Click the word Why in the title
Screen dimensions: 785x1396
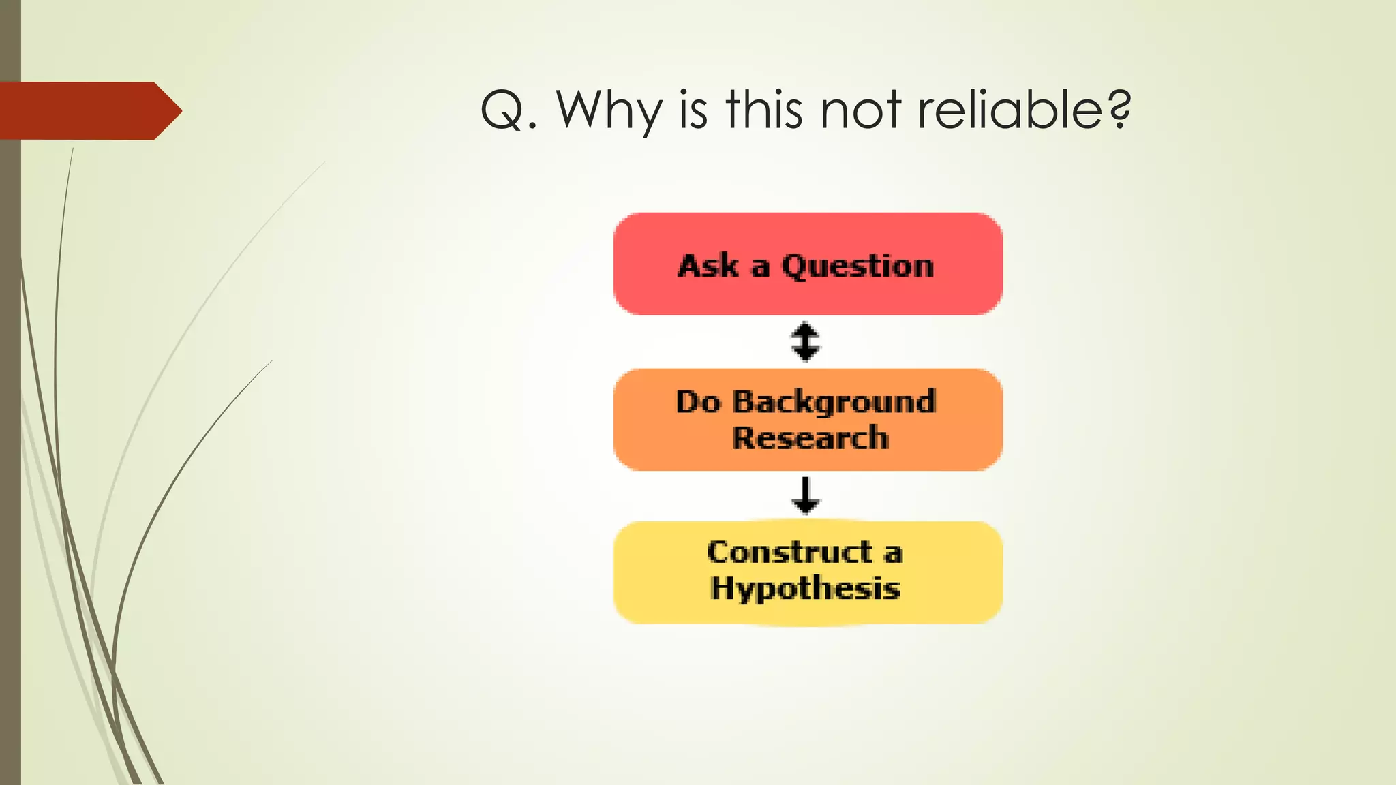tap(609, 111)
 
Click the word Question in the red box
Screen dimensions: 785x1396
tap(858, 266)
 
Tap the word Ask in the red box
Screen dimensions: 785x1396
tap(708, 266)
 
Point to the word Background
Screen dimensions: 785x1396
tap(834, 403)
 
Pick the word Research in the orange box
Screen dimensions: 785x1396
tap(810, 438)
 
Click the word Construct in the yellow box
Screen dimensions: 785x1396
tap(789, 552)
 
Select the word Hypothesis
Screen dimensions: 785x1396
tap(805, 588)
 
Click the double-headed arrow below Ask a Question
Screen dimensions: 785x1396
tap(806, 341)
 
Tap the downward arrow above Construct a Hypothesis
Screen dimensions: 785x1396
tap(806, 495)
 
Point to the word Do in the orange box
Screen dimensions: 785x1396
tap(698, 402)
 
